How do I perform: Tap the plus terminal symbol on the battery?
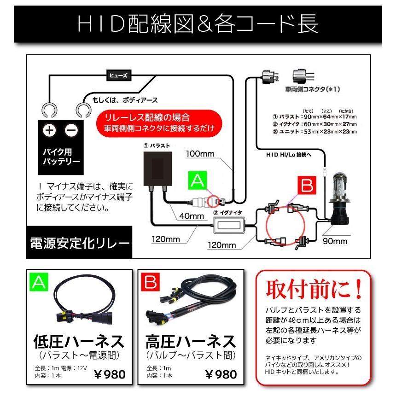[49, 131]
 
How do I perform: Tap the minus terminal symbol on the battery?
[72, 131]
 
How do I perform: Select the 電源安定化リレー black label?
[79, 242]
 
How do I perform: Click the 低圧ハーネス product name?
[79, 342]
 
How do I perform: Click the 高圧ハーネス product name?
[190, 342]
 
